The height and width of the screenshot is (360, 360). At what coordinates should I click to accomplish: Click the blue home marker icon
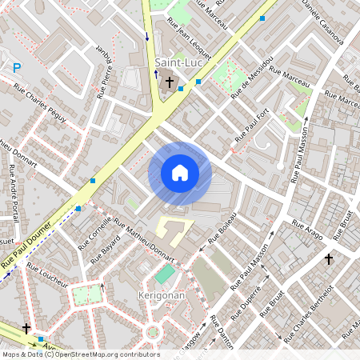click(x=180, y=173)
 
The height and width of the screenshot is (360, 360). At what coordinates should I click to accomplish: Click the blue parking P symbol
click(x=16, y=68)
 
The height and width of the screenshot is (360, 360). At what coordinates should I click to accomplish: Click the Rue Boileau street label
click(x=223, y=227)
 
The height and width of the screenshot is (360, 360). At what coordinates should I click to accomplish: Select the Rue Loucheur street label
click(x=47, y=271)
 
